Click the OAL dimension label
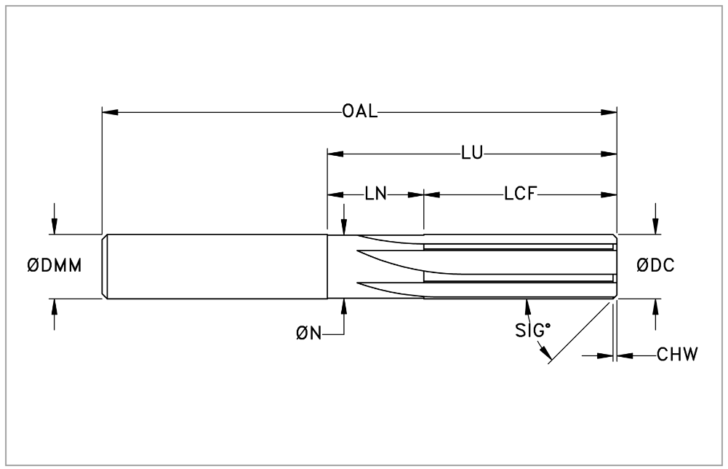pos(360,111)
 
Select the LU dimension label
pos(472,153)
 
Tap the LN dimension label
pos(375,194)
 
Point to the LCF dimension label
pos(521,194)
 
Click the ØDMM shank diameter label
pos(55,266)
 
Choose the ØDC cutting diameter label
pos(655,265)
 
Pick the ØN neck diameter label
pos(309,333)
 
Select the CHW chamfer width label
pos(677,355)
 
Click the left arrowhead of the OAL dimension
pos(110,112)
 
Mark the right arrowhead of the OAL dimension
pos(609,112)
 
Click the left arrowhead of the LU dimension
pos(336,154)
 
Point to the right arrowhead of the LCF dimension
pos(609,194)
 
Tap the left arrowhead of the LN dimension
pos(336,194)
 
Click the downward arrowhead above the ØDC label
pos(655,226)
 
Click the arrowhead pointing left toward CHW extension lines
pos(625,356)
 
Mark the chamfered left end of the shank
pos(105,267)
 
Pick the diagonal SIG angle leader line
pos(579,332)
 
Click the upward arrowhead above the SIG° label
pos(527,307)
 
